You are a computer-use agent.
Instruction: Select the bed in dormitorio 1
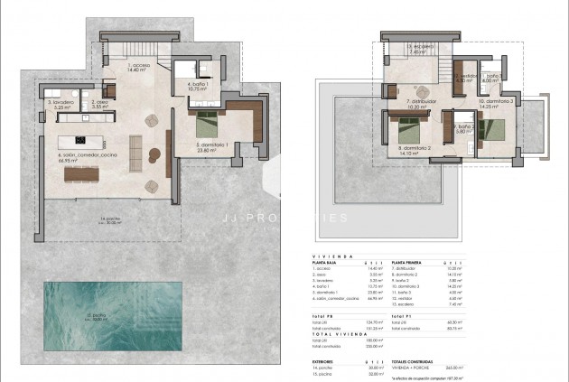(x=207, y=120)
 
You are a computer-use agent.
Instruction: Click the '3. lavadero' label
(x=60, y=104)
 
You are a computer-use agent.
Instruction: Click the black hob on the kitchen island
(x=80, y=140)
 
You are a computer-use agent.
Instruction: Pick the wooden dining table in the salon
(x=81, y=172)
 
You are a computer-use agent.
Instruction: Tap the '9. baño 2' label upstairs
(x=462, y=128)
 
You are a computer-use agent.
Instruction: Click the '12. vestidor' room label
(x=464, y=78)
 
